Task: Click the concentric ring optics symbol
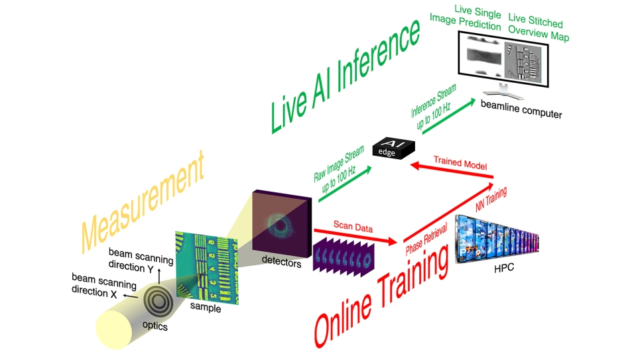point(158,298)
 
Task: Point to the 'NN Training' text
point(491,201)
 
